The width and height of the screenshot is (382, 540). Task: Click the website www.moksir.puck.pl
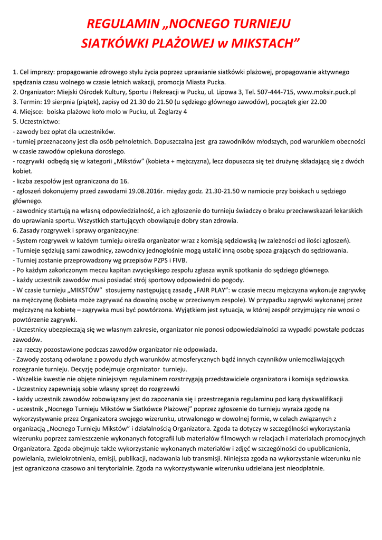pyautogui.click(x=327, y=92)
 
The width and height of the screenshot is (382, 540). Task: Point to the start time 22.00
pyautogui.click(x=316, y=102)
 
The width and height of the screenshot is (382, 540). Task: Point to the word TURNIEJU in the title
pyautogui.click(x=263, y=24)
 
